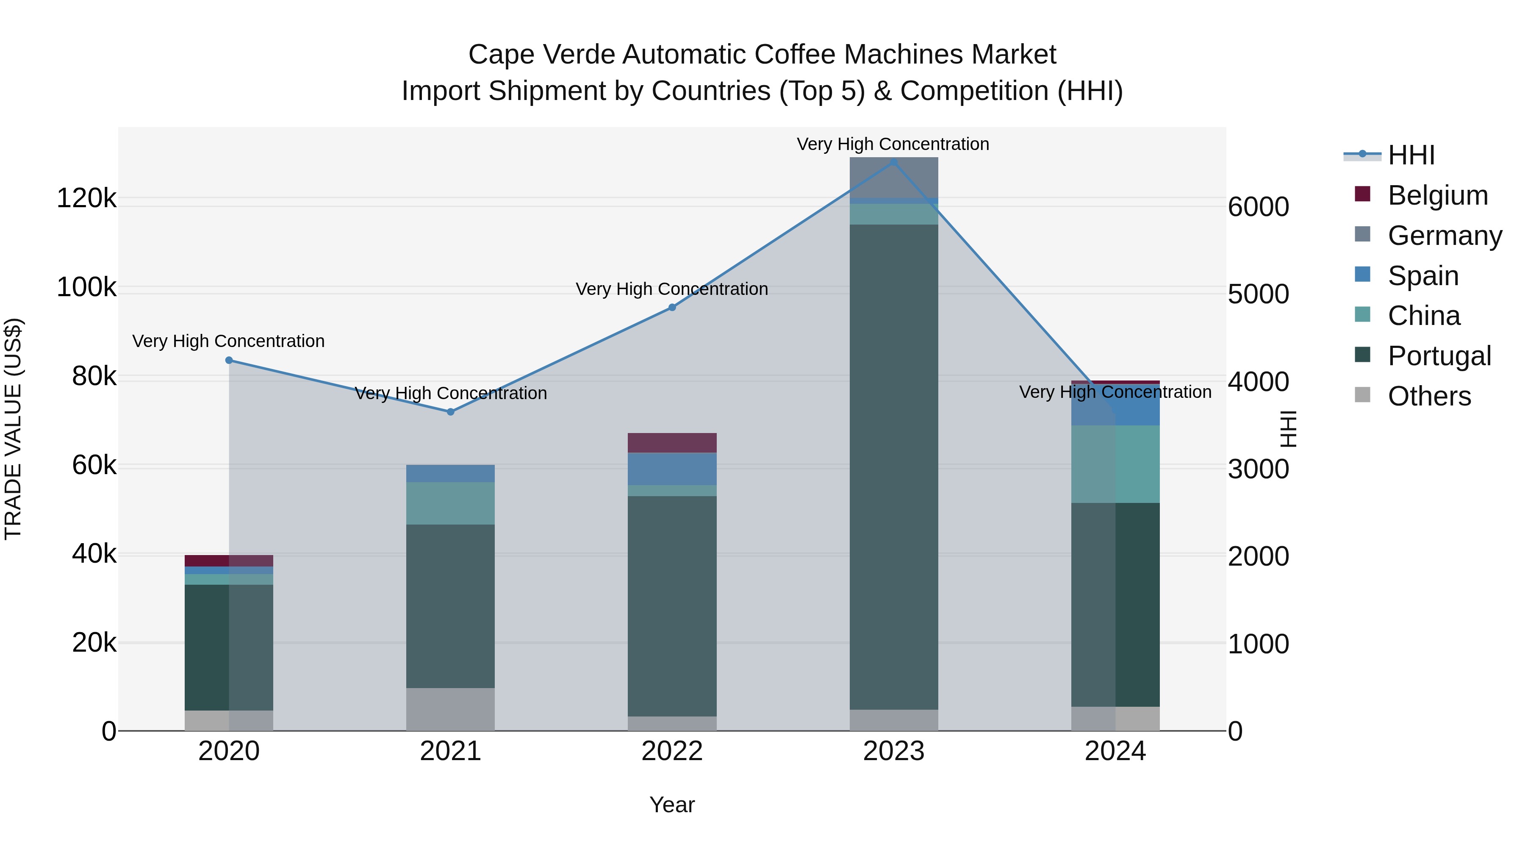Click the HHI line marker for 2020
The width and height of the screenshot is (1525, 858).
pos(229,360)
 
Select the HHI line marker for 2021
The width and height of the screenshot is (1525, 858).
pos(451,411)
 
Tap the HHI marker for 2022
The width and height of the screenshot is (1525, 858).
pos(672,307)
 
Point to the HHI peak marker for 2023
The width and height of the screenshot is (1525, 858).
pos(894,162)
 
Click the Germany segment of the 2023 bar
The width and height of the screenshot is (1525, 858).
pos(894,178)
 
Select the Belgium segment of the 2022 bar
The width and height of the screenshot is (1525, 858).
pos(672,442)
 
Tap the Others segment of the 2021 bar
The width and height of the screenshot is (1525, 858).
pos(451,709)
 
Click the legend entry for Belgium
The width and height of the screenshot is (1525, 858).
pos(1437,195)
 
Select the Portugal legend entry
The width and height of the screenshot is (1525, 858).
pos(1439,356)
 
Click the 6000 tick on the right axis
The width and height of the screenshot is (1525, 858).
pos(1258,207)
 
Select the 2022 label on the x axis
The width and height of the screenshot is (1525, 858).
pos(672,751)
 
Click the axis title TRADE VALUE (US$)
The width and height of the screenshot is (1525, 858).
pos(14,429)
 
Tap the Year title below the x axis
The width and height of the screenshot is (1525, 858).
pos(672,805)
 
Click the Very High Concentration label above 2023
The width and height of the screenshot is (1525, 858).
pos(893,144)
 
